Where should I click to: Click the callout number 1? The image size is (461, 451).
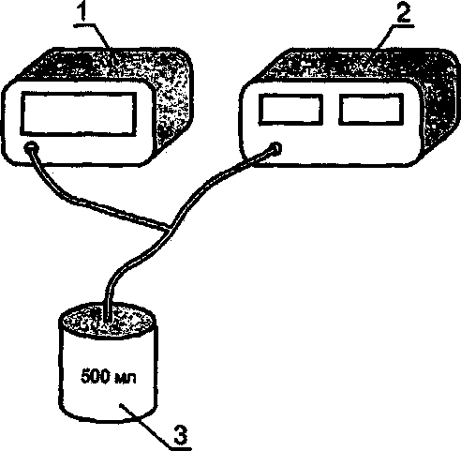[x=82, y=12]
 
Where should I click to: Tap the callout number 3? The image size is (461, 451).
[x=181, y=434]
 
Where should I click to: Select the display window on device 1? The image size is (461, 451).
[x=79, y=114]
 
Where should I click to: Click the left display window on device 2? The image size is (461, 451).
[x=290, y=110]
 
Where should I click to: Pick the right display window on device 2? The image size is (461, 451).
[x=371, y=110]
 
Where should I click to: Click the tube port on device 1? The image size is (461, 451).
[x=31, y=147]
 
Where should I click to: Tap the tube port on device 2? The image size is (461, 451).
[x=275, y=148]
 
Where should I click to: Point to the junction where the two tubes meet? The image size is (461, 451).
[x=169, y=227]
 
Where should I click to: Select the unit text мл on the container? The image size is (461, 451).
[x=126, y=378]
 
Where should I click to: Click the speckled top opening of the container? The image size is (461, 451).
[x=107, y=321]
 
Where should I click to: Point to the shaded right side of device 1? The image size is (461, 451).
[x=173, y=103]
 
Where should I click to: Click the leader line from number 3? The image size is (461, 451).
[x=147, y=428]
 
